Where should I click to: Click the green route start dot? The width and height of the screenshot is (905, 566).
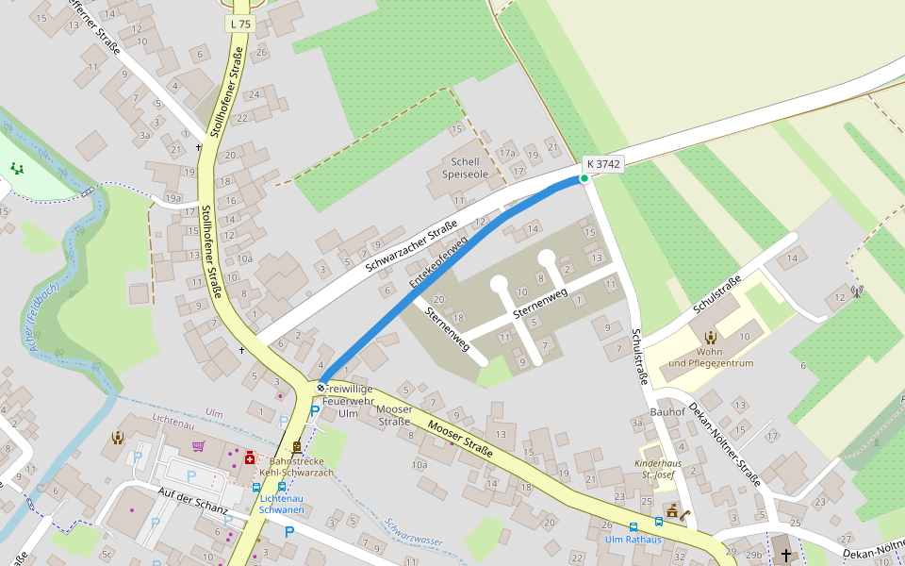point(584,178)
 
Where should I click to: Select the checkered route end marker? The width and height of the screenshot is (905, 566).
point(321,387)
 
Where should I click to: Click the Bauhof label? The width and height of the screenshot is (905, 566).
point(667,412)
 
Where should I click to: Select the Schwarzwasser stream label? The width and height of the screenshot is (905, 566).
point(414,532)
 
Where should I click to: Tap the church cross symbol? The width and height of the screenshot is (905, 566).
point(785,555)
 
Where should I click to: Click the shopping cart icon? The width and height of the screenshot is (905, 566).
point(198,446)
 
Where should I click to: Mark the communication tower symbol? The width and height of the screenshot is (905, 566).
point(857,291)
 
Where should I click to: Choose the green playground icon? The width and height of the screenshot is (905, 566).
point(16,168)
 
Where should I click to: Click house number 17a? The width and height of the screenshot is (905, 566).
point(508,153)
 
